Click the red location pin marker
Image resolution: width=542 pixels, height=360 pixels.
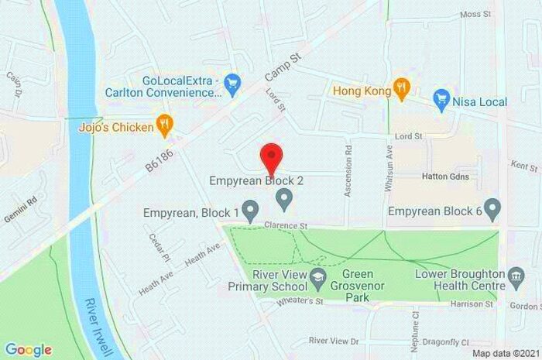pyautogui.click(x=270, y=158)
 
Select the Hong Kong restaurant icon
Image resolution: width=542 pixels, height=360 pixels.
pyautogui.click(x=400, y=89)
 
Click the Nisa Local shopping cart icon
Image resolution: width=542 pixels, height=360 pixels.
pyautogui.click(x=442, y=100)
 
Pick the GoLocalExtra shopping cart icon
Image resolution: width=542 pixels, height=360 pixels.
pyautogui.click(x=231, y=81)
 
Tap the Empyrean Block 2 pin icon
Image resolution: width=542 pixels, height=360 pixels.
pyautogui.click(x=284, y=203)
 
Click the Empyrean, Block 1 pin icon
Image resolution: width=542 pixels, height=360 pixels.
pyautogui.click(x=250, y=210)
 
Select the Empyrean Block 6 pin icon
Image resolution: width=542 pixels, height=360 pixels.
pyautogui.click(x=493, y=209)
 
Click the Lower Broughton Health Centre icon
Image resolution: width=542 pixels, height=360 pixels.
pyautogui.click(x=516, y=276)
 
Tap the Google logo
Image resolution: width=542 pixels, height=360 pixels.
pyautogui.click(x=28, y=349)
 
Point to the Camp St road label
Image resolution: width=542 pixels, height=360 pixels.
pyautogui.click(x=282, y=66)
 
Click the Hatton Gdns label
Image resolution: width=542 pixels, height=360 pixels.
pyautogui.click(x=445, y=177)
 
